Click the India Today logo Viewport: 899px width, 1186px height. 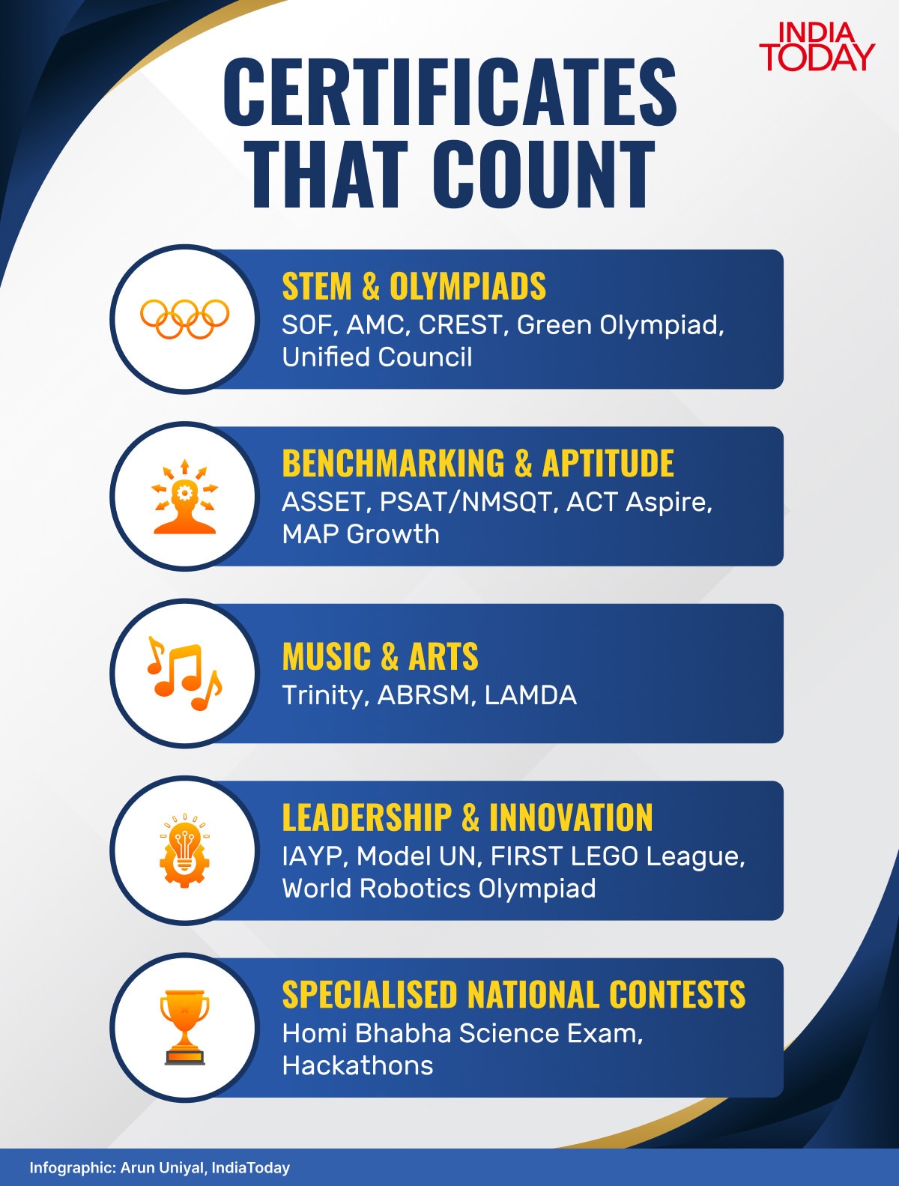(817, 47)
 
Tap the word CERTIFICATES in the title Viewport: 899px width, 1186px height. (449, 91)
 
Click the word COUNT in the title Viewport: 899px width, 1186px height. (543, 174)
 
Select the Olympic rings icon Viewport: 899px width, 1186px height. (185, 318)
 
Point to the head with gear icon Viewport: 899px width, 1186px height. (185, 497)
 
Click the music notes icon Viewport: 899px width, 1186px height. (185, 674)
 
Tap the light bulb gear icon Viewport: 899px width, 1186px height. (185, 850)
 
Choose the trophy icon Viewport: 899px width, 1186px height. (185, 1027)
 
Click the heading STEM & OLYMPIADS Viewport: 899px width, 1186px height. (414, 286)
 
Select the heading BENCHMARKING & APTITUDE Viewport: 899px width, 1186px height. (478, 463)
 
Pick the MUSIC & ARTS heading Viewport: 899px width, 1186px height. (381, 656)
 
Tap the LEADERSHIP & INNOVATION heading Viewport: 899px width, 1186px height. (467, 817)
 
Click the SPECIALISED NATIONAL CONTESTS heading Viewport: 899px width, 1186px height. (514, 994)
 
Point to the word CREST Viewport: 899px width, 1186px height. (461, 324)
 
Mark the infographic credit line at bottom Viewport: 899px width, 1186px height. (160, 1168)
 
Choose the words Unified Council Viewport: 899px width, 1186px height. (377, 357)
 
